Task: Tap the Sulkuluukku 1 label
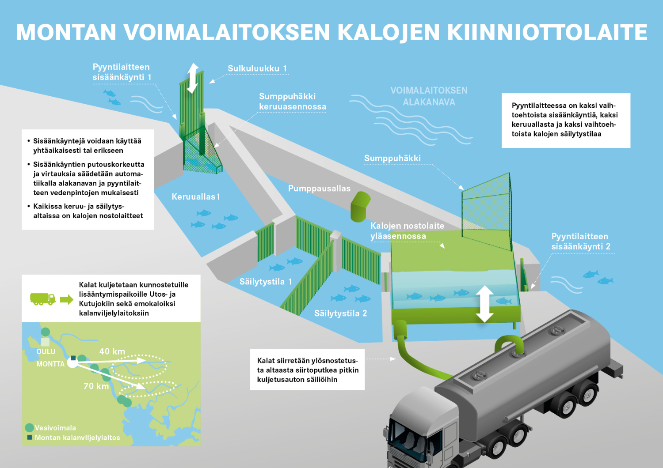click(257, 68)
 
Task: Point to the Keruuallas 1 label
click(196, 196)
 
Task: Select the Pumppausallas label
click(319, 189)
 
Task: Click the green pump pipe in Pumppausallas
click(360, 206)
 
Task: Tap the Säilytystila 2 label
click(340, 313)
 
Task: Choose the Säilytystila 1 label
click(266, 281)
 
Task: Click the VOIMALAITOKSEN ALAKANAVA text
click(429, 96)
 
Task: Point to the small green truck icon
click(43, 299)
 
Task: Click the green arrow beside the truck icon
click(67, 299)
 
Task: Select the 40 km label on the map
click(112, 351)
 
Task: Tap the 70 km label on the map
click(96, 386)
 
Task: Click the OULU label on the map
click(46, 351)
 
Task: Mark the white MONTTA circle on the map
click(72, 362)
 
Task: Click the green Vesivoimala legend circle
click(29, 427)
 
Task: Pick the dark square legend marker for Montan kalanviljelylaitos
click(30, 437)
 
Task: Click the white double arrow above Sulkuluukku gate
click(192, 78)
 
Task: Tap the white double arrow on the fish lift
click(484, 304)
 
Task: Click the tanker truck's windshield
click(412, 438)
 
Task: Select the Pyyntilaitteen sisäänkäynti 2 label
click(580, 241)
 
